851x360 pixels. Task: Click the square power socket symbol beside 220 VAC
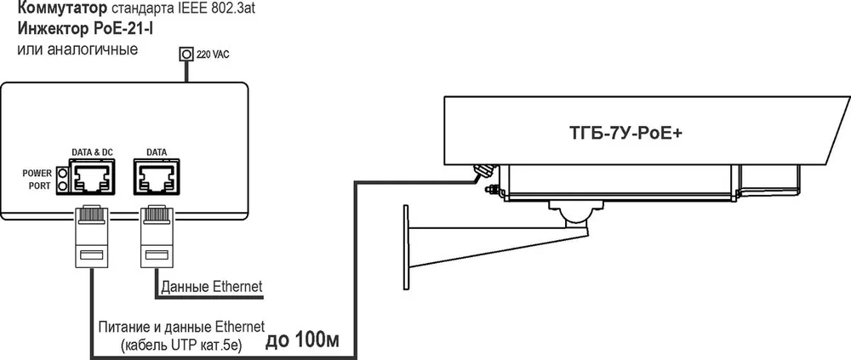point(186,54)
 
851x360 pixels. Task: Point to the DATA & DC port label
point(91,152)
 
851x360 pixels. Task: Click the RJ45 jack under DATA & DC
point(92,176)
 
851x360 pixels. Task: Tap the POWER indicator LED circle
point(62,174)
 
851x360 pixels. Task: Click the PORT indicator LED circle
point(62,186)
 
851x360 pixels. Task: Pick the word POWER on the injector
point(37,174)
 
